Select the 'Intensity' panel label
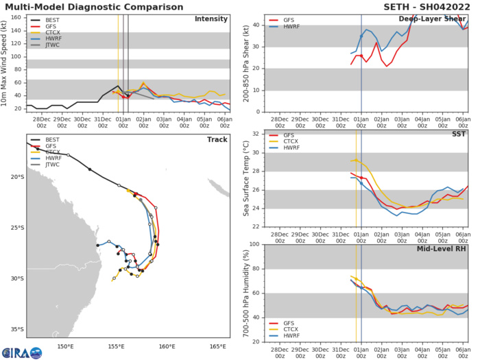click(210, 19)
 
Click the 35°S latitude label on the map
click(16, 329)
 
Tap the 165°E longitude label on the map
click(219, 346)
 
